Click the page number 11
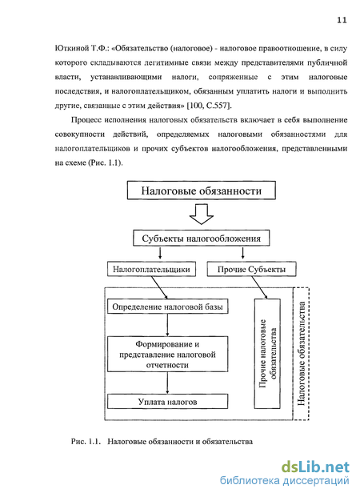pyautogui.click(x=342, y=20)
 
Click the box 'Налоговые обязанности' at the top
pyautogui.click(x=202, y=190)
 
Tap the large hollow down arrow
pyautogui.click(x=202, y=214)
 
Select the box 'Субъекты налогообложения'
pyautogui.click(x=202, y=238)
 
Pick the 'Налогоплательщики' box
pyautogui.click(x=151, y=269)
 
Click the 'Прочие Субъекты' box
pyautogui.click(x=252, y=269)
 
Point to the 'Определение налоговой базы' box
pyautogui.click(x=168, y=307)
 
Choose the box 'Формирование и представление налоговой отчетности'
pyautogui.click(x=168, y=354)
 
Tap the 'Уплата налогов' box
pyautogui.click(x=168, y=401)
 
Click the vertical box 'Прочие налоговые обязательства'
pyautogui.click(x=267, y=354)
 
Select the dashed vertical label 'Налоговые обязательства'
pyautogui.click(x=302, y=354)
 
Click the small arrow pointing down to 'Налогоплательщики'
pyautogui.click(x=160, y=253)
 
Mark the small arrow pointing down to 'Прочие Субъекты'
pyautogui.click(x=242, y=253)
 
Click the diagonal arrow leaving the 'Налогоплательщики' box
pyautogui.click(x=159, y=287)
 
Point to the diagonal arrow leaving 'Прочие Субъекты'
pyautogui.click(x=259, y=287)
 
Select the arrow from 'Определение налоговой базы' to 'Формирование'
pyautogui.click(x=167, y=325)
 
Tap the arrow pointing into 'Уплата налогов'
pyautogui.click(x=167, y=383)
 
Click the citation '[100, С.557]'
pyautogui.click(x=209, y=106)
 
